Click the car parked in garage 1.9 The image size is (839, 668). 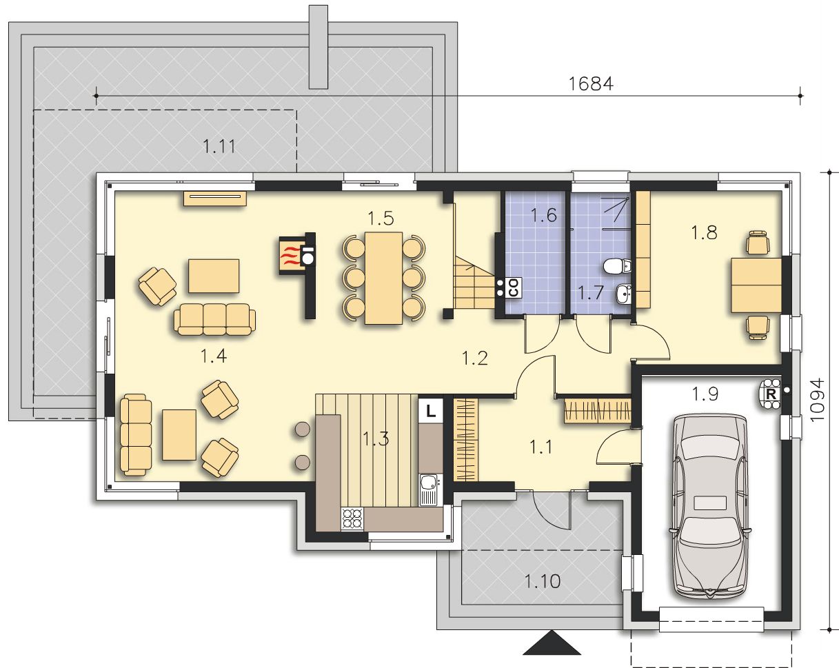click(x=710, y=507)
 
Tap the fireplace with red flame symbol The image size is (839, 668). click(x=292, y=256)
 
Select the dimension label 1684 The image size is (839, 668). click(x=591, y=84)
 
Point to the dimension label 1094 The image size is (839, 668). click(x=817, y=399)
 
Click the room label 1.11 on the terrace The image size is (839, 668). click(x=219, y=147)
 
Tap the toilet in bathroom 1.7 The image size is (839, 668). click(x=617, y=267)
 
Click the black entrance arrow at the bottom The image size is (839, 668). click(x=552, y=643)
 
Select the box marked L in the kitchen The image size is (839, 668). click(x=430, y=410)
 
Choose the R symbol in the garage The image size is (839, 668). click(x=771, y=394)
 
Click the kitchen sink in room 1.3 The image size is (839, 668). click(x=430, y=489)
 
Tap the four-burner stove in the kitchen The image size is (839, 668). click(x=352, y=518)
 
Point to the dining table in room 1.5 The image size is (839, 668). click(x=383, y=278)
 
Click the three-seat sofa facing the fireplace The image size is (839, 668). click(x=214, y=319)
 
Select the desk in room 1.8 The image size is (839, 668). click(x=756, y=285)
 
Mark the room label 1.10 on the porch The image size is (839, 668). click(x=543, y=581)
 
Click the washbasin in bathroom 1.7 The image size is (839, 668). click(x=624, y=294)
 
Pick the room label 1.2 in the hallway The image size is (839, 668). click(x=475, y=358)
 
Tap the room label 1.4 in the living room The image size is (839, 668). click(x=213, y=356)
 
